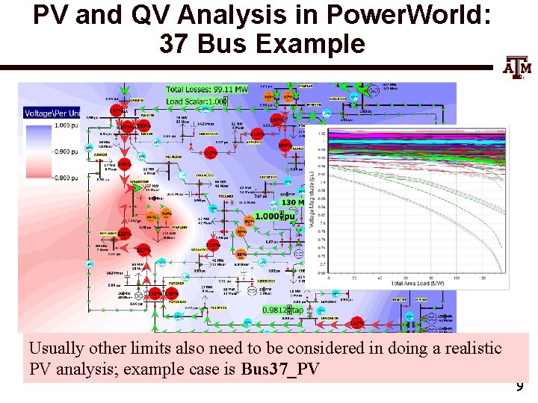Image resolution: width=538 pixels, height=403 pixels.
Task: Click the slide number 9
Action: (519, 387)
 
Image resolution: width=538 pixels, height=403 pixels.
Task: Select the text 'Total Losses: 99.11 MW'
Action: (207, 90)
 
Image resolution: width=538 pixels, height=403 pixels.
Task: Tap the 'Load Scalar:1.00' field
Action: (196, 101)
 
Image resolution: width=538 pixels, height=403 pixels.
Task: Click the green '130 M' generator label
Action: (292, 202)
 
